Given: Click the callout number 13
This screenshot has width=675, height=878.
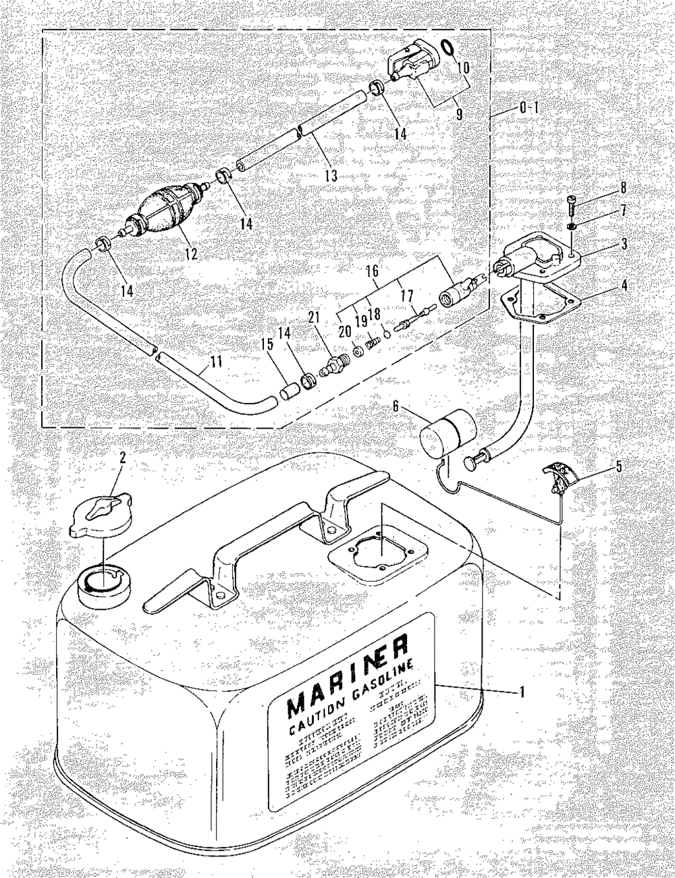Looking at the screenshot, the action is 330,175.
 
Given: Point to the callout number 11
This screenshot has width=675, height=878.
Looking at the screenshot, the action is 215,362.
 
